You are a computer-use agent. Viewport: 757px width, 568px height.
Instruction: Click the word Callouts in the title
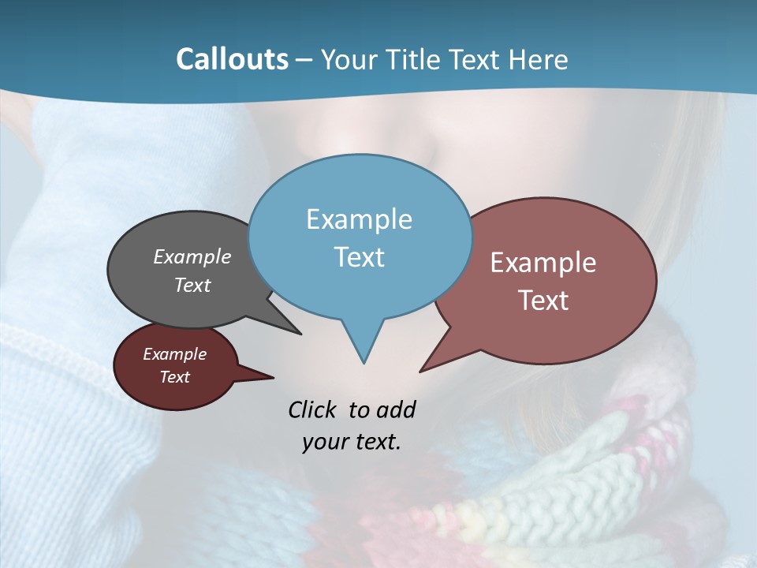pyautogui.click(x=232, y=59)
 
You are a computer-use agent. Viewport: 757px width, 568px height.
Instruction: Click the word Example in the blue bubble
pyautogui.click(x=360, y=219)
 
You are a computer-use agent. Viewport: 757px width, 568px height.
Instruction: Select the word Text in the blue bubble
pyautogui.click(x=360, y=257)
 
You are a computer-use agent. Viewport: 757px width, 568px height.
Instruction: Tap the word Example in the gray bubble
pyautogui.click(x=192, y=257)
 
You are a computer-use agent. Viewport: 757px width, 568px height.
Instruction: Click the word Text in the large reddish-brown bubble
pyautogui.click(x=544, y=301)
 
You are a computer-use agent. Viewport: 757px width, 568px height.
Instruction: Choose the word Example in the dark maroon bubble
pyautogui.click(x=175, y=354)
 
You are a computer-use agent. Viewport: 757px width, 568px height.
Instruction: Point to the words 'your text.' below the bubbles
pyautogui.click(x=352, y=442)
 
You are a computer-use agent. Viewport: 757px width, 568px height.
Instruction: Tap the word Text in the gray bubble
pyautogui.click(x=192, y=286)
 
